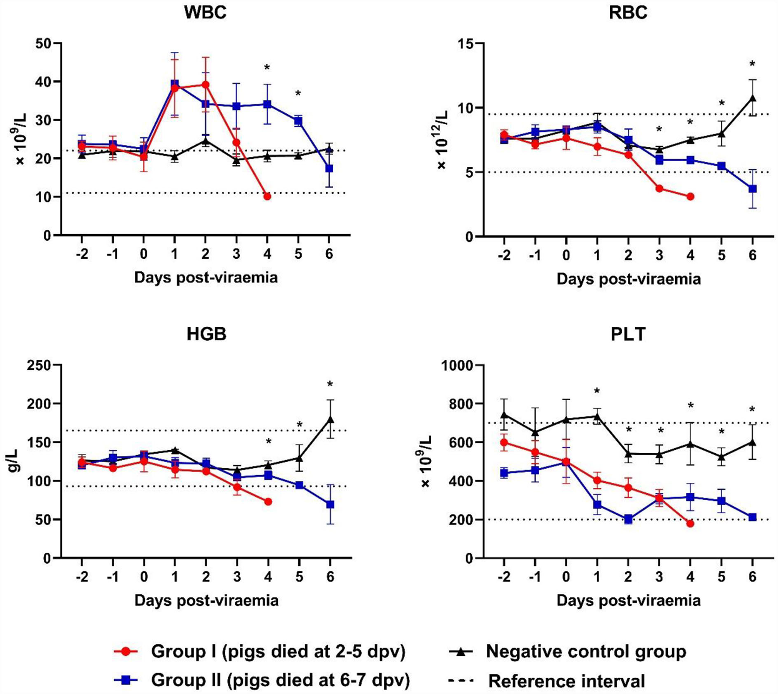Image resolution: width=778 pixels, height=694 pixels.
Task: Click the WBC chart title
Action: [205, 12]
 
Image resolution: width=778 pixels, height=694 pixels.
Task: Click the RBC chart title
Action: [628, 12]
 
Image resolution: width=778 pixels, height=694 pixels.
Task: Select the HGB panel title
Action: [206, 334]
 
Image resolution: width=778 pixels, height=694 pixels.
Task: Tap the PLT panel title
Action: [628, 335]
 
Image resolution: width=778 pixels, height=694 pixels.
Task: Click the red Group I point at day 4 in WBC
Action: [267, 196]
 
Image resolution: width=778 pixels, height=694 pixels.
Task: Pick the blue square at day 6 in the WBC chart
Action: [329, 168]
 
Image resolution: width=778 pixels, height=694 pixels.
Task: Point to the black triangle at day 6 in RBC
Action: [753, 98]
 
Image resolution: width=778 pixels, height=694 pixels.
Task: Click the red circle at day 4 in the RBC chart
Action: [690, 196]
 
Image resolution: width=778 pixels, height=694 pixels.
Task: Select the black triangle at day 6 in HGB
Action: [330, 419]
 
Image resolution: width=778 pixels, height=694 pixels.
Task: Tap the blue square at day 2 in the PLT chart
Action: [628, 520]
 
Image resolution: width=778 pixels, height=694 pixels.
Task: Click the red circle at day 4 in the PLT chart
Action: [690, 524]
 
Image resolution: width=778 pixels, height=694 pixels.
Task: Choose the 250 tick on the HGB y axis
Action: [38, 365]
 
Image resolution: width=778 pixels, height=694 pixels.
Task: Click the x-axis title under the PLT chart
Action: [628, 600]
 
